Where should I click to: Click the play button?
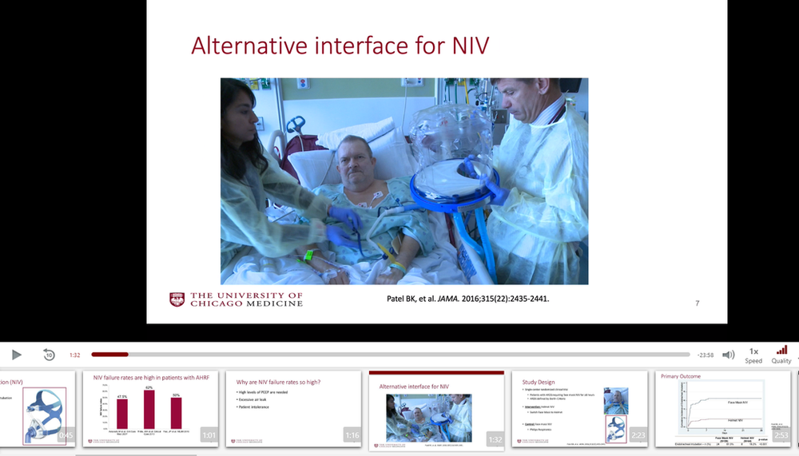[17, 355]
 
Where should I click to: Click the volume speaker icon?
[728, 355]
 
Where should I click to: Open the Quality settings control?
[781, 355]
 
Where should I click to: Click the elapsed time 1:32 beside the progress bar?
[75, 355]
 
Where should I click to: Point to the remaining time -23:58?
[705, 355]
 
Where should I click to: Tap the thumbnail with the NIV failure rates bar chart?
[150, 409]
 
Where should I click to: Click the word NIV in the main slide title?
[463, 45]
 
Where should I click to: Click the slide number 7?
[697, 303]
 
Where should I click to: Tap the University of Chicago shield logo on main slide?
[177, 299]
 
